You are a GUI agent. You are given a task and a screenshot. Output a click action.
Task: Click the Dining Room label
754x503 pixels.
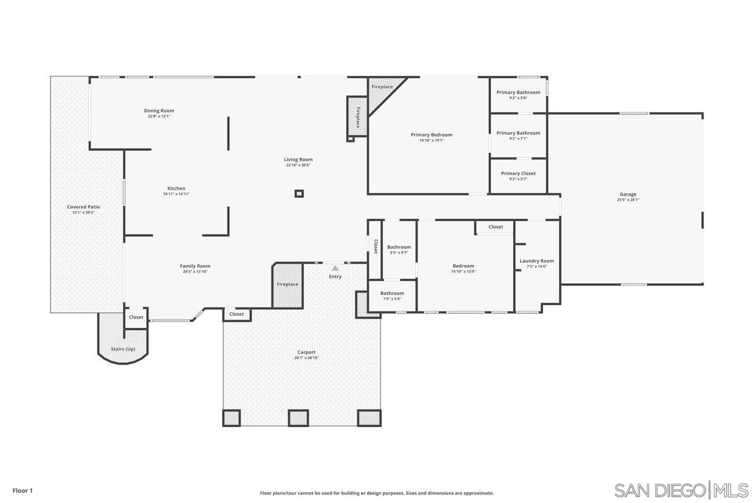(159, 111)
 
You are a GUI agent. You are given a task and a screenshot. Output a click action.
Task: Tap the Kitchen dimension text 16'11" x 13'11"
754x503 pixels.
(176, 194)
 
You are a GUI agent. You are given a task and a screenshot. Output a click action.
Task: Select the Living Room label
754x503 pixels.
(298, 160)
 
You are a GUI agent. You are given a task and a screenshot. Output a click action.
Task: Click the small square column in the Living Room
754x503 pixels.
(299, 194)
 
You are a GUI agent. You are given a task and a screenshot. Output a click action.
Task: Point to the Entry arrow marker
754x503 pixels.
(335, 268)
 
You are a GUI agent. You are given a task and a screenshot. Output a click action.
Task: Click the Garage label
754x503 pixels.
(628, 194)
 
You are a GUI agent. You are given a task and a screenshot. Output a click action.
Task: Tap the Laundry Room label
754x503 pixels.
(536, 261)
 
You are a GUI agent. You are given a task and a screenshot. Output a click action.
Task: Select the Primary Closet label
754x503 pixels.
(518, 173)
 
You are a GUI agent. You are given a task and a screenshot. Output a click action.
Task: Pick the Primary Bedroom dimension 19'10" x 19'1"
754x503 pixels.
(432, 140)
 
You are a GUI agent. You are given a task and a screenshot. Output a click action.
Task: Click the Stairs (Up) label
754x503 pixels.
(123, 349)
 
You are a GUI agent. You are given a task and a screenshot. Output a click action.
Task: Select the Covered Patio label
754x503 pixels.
(84, 207)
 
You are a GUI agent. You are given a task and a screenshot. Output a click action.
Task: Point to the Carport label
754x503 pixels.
(306, 352)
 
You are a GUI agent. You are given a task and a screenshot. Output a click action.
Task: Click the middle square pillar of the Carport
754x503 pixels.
(298, 418)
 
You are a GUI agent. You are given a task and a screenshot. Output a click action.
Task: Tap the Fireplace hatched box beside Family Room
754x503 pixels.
(288, 285)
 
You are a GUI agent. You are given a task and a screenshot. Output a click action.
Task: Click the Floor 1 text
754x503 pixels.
(23, 491)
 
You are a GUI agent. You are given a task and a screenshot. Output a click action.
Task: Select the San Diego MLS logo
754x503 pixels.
(681, 490)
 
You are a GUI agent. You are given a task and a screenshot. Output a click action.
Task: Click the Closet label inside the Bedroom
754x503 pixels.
(495, 227)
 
